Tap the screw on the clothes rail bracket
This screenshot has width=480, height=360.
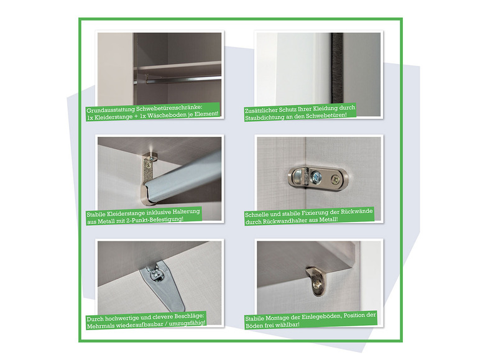[149, 165]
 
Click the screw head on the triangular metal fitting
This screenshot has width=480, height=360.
[157, 275]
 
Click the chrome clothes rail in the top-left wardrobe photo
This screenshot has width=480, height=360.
[183, 80]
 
